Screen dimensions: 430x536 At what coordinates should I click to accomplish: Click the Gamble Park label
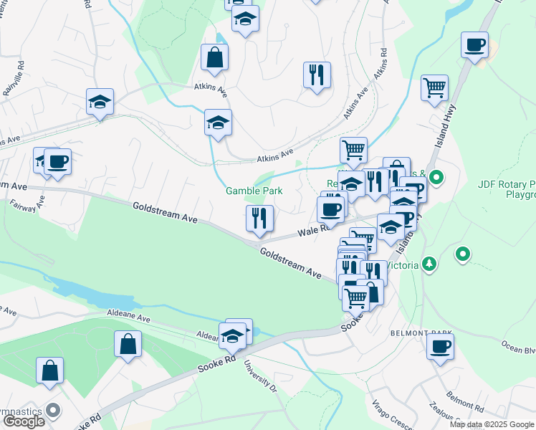click(254, 191)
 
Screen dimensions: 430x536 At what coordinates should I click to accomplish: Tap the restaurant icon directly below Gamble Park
click(259, 219)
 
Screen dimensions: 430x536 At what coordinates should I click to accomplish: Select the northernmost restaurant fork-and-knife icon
click(316, 75)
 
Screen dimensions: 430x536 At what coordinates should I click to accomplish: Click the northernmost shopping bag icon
click(214, 59)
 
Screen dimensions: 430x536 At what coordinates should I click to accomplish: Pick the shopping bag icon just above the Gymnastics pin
click(49, 372)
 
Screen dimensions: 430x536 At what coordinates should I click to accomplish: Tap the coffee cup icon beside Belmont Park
click(440, 348)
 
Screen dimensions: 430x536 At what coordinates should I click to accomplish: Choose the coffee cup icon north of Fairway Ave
click(57, 162)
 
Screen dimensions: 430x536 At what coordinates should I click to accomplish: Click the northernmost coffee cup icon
click(474, 46)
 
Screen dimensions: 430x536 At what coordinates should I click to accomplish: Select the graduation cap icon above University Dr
click(233, 335)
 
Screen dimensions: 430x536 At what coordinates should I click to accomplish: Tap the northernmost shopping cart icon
click(434, 89)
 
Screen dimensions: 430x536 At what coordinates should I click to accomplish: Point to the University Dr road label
click(264, 377)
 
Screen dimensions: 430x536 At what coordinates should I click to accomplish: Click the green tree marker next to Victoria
click(429, 264)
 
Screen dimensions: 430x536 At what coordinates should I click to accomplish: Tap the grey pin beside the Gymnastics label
click(52, 410)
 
